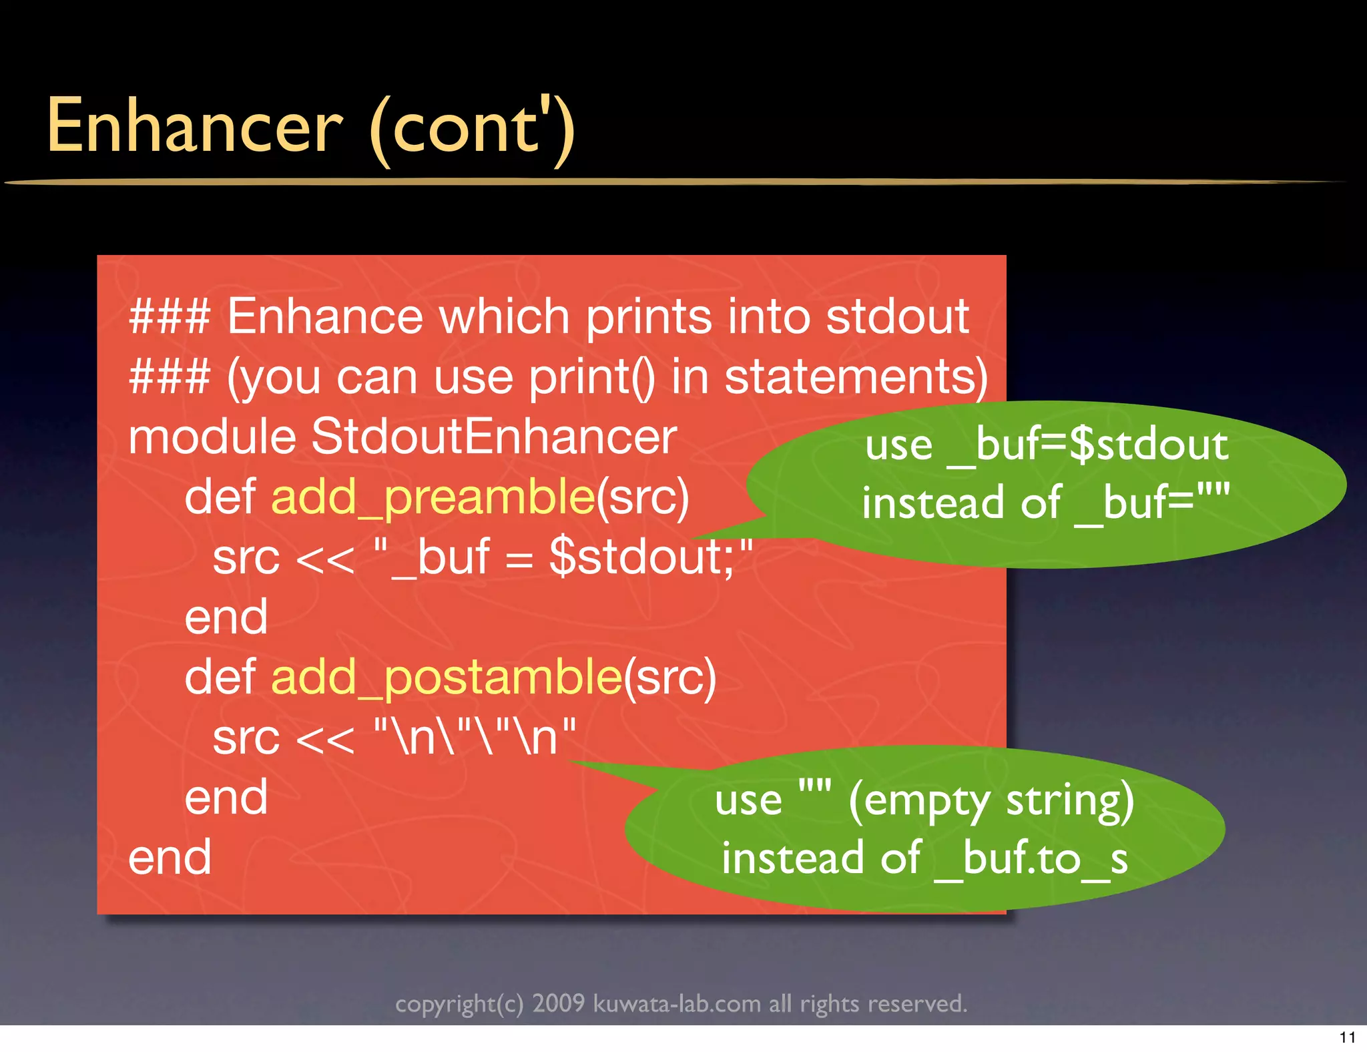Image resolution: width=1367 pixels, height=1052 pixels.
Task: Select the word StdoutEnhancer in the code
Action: (x=494, y=437)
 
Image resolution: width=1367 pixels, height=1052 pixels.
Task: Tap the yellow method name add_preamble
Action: (x=433, y=497)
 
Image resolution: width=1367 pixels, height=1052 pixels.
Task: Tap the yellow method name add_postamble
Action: (x=446, y=677)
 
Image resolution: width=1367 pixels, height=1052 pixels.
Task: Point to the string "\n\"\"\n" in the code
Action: (x=475, y=737)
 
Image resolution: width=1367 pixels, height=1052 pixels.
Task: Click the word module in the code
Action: (x=212, y=437)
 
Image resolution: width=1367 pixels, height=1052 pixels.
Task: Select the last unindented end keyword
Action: (x=170, y=857)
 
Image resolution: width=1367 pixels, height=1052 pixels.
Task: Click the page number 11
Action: (x=1347, y=1037)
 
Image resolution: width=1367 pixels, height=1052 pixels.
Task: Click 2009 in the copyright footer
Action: (x=558, y=1003)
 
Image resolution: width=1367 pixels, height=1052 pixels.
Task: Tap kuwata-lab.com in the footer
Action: (x=677, y=1003)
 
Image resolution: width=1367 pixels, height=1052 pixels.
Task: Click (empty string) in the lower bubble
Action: (x=991, y=800)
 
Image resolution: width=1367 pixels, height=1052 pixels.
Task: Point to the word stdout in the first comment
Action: (x=897, y=316)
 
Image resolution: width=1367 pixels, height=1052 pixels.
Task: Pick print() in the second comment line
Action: (x=591, y=376)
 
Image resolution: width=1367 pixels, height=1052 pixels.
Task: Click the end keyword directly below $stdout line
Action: (x=226, y=617)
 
